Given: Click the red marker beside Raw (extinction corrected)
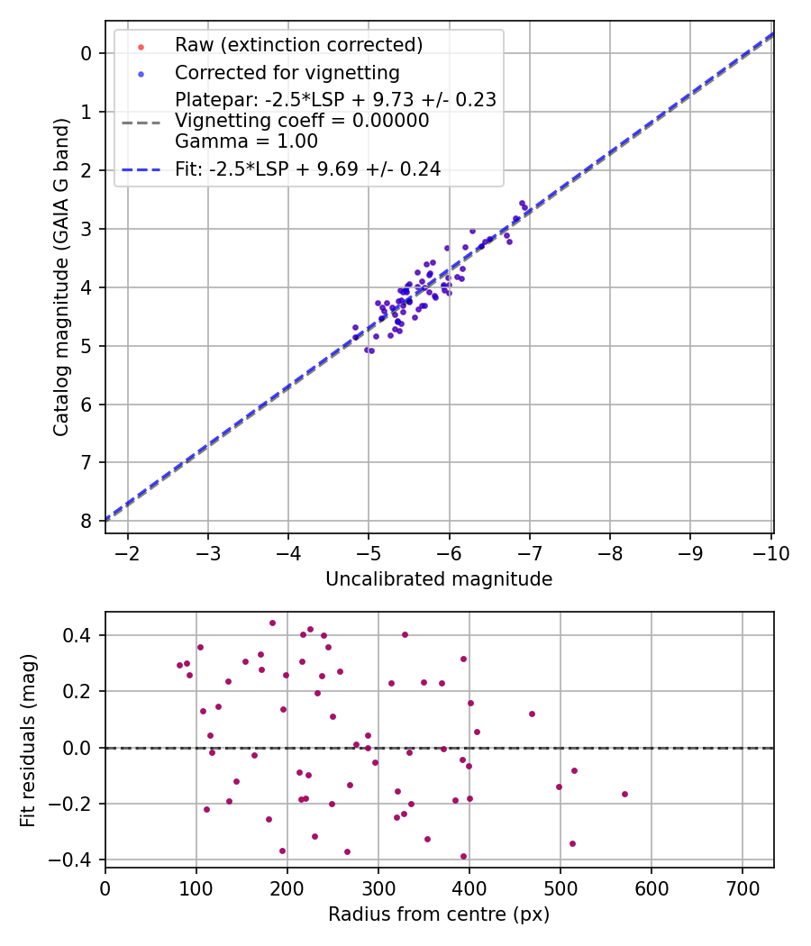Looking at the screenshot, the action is pyautogui.click(x=141, y=47).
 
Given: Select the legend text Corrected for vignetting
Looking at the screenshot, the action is pyautogui.click(x=287, y=73).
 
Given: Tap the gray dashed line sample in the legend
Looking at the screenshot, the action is pyautogui.click(x=141, y=123).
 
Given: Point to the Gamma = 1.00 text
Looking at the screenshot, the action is pyautogui.click(x=246, y=141).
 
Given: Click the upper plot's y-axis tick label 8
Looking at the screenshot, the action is pyautogui.click(x=86, y=522).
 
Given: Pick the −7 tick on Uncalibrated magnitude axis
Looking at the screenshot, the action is pyautogui.click(x=529, y=553).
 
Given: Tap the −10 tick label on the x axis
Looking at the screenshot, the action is pyautogui.click(x=771, y=553).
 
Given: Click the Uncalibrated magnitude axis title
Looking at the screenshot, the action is pyautogui.click(x=439, y=579).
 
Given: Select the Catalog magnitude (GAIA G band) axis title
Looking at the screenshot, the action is pyautogui.click(x=60, y=277).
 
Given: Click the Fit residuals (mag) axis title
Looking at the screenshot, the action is pyautogui.click(x=28, y=741).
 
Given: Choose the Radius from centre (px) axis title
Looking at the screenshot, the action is pyautogui.click(x=439, y=914).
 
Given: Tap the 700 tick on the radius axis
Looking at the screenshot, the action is pyautogui.click(x=743, y=888).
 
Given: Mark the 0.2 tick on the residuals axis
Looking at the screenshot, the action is pyautogui.click(x=76, y=691).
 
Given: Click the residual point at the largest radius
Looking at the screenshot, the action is pyautogui.click(x=624, y=794).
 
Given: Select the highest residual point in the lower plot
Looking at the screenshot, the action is pyautogui.click(x=272, y=623).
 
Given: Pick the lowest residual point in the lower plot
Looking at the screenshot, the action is pyautogui.click(x=463, y=856).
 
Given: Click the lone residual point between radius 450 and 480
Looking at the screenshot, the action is pyautogui.click(x=532, y=714).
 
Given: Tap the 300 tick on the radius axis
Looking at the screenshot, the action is pyautogui.click(x=378, y=888).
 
